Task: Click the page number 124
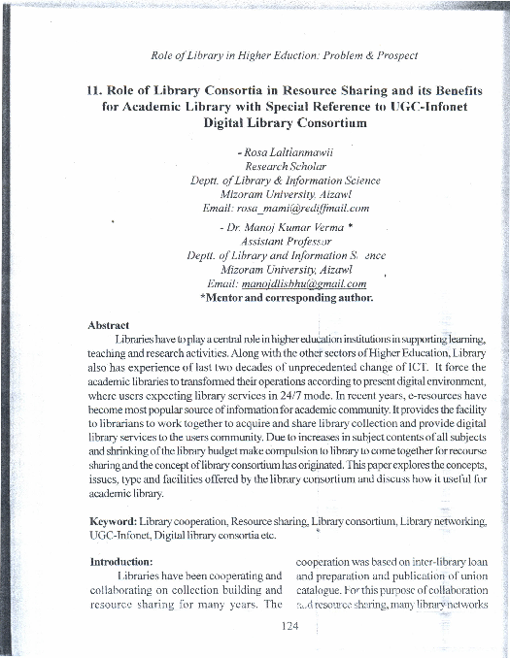tap(289, 625)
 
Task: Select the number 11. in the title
tap(94, 89)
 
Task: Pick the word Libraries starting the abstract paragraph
tap(136, 338)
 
